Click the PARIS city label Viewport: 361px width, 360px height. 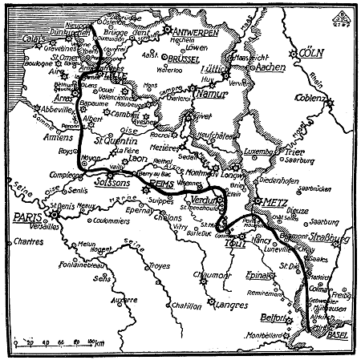(x=26, y=217)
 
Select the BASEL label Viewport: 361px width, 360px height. (x=339, y=332)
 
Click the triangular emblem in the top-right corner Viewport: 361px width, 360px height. (x=342, y=14)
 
